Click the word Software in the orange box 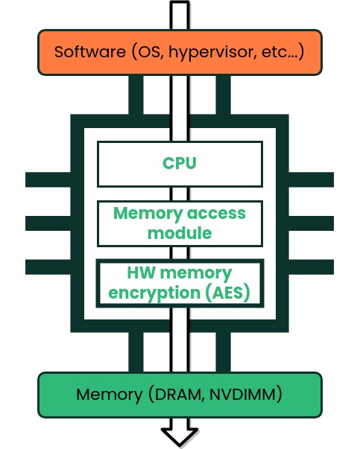coord(90,52)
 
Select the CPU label coord(180,163)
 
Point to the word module coord(180,233)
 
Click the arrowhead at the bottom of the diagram coord(180,436)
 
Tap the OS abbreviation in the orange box coord(149,52)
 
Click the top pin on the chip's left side coord(48,180)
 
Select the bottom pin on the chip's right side coord(311,267)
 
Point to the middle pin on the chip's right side coord(311,223)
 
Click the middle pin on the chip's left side coord(48,223)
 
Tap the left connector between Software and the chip coord(136,95)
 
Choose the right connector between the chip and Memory coord(223,352)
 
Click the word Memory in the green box coord(110,395)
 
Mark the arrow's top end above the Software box coord(180,1)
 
